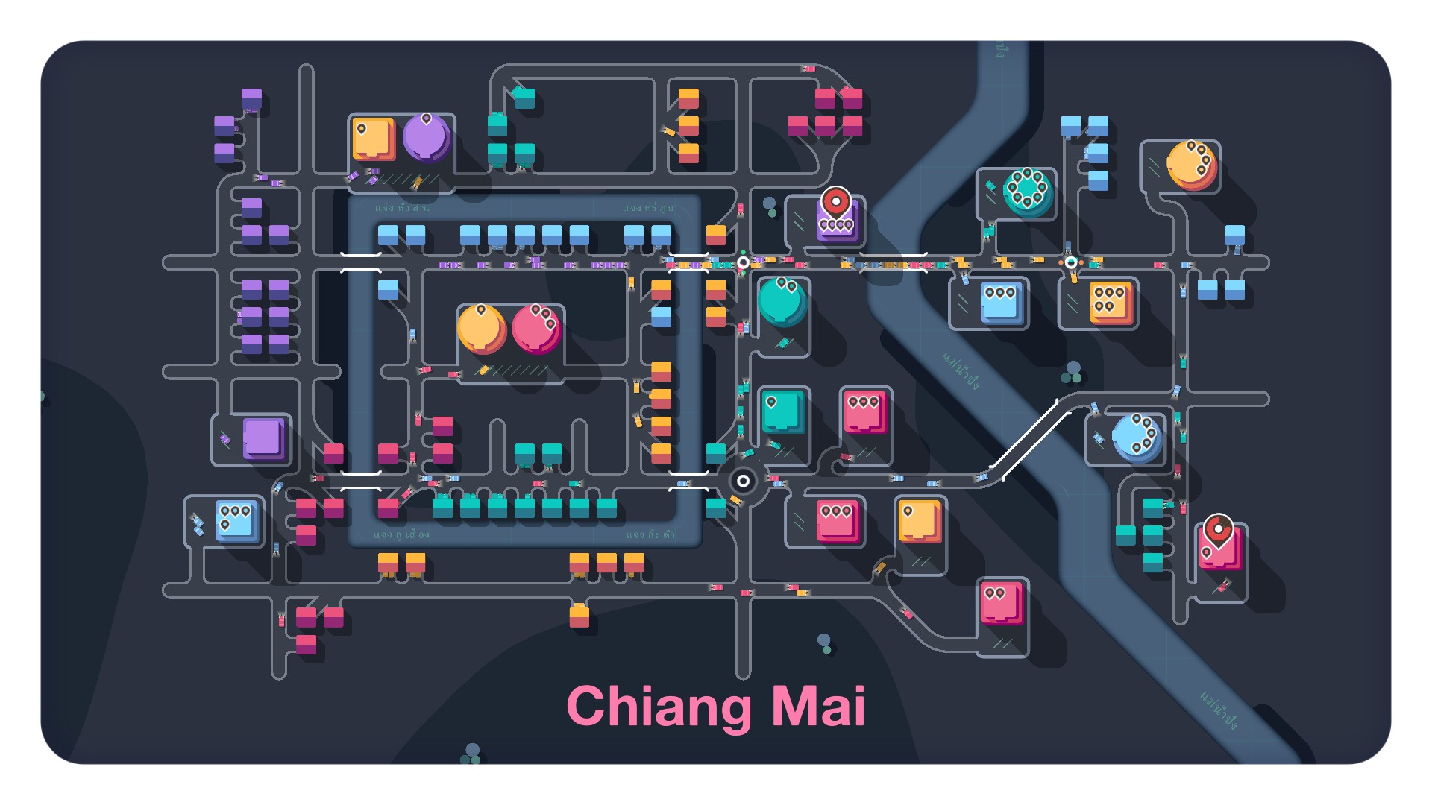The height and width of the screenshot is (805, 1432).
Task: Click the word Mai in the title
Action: point(818,707)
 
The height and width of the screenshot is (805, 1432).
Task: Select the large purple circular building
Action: point(426,138)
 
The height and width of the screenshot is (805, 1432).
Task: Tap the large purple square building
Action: point(263,438)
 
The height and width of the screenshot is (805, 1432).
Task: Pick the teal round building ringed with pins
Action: point(1028,192)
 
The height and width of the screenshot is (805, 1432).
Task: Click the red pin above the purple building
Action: point(836,201)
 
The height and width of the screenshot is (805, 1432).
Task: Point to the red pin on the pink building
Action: point(1218,531)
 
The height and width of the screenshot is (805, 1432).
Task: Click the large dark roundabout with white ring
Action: point(743,481)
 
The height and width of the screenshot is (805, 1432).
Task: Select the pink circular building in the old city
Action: point(536,329)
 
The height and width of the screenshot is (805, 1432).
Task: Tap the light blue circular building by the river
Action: point(1137,438)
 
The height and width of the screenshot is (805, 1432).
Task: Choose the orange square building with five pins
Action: point(1111,302)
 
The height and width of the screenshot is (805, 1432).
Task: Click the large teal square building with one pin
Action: point(782,411)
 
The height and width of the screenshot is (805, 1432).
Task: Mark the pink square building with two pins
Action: point(1001,602)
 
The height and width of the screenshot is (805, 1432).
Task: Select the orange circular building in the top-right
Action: point(1191,165)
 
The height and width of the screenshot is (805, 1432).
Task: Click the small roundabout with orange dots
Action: point(1071,262)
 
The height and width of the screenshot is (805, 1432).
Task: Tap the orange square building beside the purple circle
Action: point(373,139)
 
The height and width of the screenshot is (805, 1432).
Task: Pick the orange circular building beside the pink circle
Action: point(481,329)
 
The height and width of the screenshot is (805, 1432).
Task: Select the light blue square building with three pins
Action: point(1001,302)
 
